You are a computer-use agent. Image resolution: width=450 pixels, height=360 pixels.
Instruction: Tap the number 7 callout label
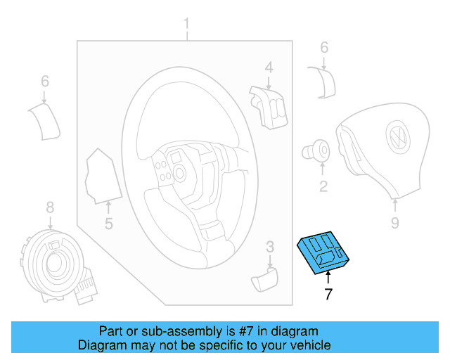pyautogui.click(x=328, y=295)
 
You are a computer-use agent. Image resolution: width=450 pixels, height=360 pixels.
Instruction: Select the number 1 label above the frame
pyautogui.click(x=187, y=27)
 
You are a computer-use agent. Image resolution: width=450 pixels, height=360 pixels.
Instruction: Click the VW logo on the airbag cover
pyautogui.click(x=397, y=137)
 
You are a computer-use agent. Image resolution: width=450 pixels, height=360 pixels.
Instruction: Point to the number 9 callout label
pyautogui.click(x=394, y=223)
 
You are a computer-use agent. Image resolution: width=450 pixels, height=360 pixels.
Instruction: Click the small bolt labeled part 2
pyautogui.click(x=318, y=150)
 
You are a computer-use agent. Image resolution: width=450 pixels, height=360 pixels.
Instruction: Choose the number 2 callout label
pyautogui.click(x=323, y=186)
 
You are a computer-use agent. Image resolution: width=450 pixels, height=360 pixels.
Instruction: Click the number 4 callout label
pyautogui.click(x=269, y=67)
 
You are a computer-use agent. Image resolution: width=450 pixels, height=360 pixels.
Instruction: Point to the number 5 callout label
pyautogui.click(x=109, y=224)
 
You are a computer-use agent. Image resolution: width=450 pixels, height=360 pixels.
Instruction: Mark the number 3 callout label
pyautogui.click(x=269, y=246)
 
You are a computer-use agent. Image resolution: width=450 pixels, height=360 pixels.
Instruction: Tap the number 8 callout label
pyautogui.click(x=50, y=207)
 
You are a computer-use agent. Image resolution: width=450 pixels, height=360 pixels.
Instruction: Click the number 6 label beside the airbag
pyautogui.click(x=324, y=47)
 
